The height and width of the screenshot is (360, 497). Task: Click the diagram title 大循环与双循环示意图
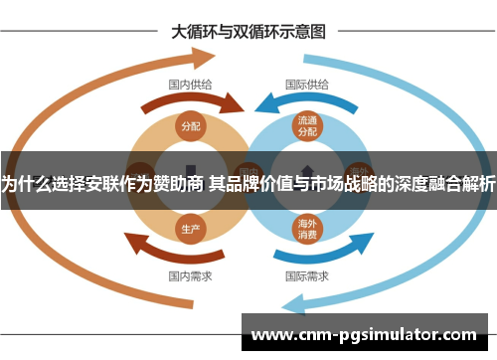(248, 30)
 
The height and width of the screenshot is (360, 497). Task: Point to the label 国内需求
(189, 274)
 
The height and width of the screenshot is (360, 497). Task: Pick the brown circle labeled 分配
(191, 126)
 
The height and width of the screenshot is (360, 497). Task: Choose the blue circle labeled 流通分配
(306, 125)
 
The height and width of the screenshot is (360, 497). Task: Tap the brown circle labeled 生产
(191, 228)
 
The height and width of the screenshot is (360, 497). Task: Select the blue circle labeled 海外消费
(306, 228)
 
